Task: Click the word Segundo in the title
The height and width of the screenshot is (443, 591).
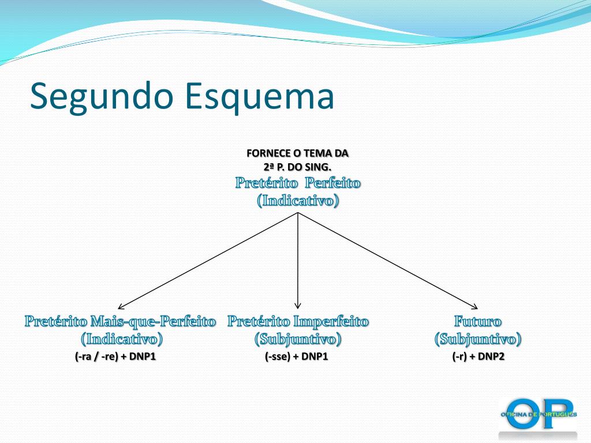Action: [100, 96]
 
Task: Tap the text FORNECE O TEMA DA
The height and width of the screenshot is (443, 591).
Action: [298, 153]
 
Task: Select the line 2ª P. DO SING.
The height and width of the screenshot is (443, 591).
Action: [298, 167]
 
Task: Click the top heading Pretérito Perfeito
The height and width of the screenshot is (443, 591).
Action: [298, 183]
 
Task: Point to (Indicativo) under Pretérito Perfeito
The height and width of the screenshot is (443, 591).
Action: [298, 201]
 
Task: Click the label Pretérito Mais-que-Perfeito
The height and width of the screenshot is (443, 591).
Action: [120, 321]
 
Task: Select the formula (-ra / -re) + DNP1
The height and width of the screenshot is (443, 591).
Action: [115, 356]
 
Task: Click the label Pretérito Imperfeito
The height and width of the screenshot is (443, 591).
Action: [298, 321]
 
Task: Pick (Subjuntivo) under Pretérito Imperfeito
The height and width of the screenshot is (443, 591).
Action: [298, 339]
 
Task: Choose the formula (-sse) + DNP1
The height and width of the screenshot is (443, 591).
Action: [297, 356]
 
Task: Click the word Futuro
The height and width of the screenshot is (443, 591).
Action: [478, 321]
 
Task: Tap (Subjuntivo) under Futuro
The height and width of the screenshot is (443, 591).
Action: [478, 339]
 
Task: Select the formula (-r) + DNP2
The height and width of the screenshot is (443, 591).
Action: [478, 356]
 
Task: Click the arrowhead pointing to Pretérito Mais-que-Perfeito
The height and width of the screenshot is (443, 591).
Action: [121, 307]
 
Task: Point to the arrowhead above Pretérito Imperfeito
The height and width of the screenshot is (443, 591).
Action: [298, 306]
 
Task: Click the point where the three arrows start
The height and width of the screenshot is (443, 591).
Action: [298, 212]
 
